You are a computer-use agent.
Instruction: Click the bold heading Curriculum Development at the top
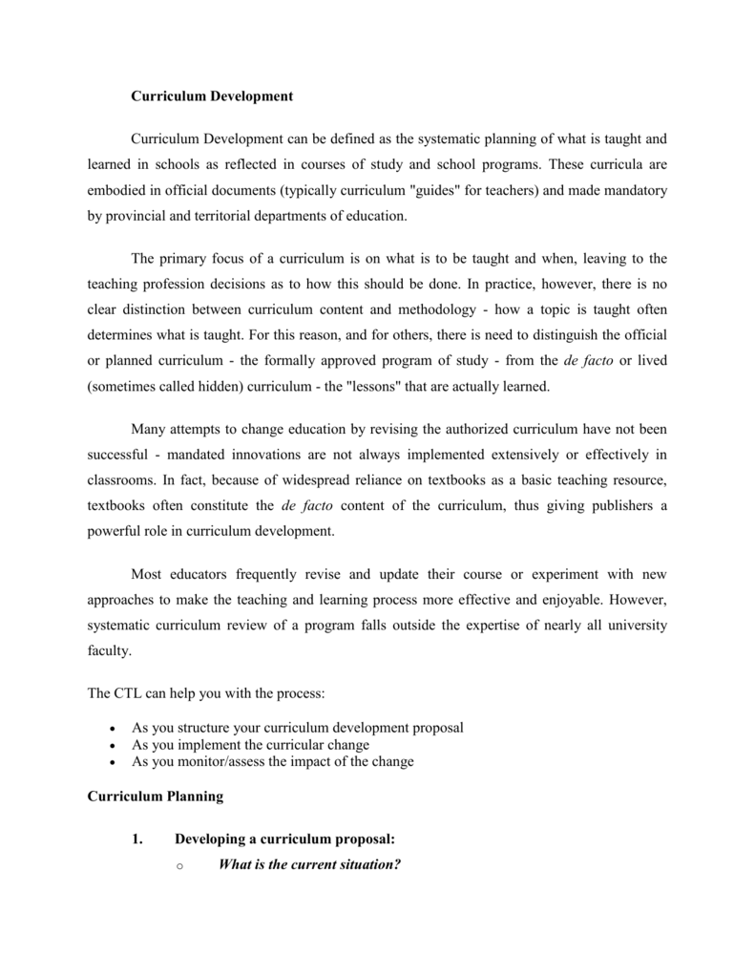pos(211,96)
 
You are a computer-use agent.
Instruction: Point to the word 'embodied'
pos(115,190)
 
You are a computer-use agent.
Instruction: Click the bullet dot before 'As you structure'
pos(114,728)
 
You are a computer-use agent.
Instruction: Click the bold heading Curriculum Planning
pos(155,795)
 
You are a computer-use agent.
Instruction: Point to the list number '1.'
pos(138,840)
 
